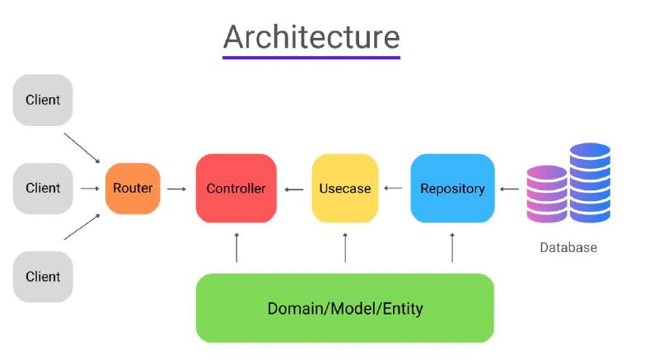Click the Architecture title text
(x=311, y=37)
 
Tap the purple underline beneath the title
(x=311, y=57)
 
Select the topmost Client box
(x=43, y=100)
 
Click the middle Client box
(x=43, y=188)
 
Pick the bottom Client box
(x=43, y=277)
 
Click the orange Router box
(x=133, y=188)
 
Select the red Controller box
(x=236, y=188)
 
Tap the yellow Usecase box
(x=345, y=188)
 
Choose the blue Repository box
(x=452, y=188)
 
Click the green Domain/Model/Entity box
(x=345, y=308)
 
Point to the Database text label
(x=568, y=247)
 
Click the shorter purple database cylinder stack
(x=547, y=194)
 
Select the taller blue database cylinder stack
(x=590, y=182)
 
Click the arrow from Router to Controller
(x=176, y=189)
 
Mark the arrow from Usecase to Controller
(x=294, y=189)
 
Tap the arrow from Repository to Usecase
(x=394, y=188)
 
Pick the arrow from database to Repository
(x=509, y=189)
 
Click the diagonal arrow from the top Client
(x=82, y=148)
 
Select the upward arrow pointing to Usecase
(x=345, y=248)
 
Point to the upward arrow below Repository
(x=452, y=248)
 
